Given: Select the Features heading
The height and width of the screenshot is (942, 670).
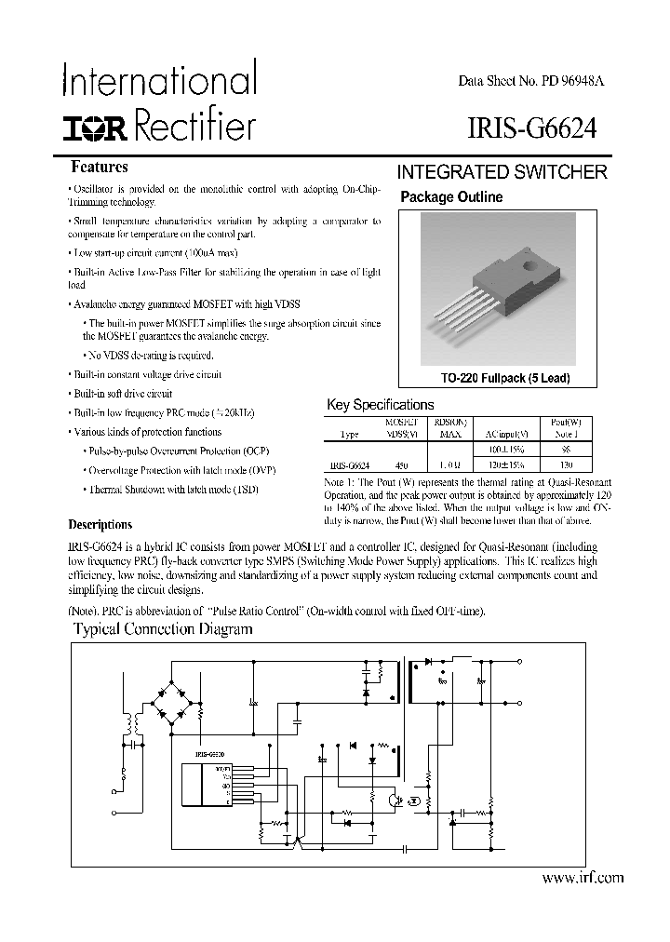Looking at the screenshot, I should click(100, 168).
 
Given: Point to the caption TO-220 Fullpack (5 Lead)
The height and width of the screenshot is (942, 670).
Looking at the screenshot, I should click(505, 379).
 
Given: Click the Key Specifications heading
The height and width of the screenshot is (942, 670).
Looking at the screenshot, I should click(381, 405).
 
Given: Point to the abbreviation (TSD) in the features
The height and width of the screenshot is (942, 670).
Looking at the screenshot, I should click(245, 489).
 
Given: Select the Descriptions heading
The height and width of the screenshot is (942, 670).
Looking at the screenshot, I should click(100, 524).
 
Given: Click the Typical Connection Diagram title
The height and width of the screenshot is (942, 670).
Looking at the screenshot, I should click(163, 629).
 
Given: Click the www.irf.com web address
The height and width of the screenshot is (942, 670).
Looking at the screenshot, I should click(582, 877).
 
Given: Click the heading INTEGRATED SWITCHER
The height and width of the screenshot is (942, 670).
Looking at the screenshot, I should click(502, 172).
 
